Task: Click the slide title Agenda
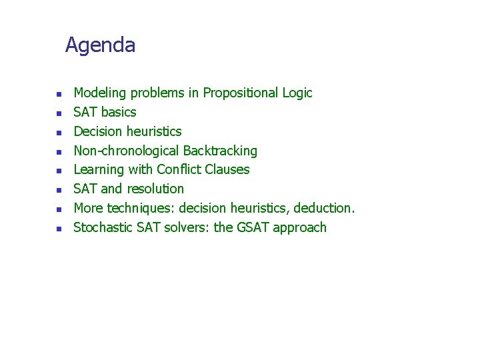(100, 45)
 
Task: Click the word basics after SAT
(119, 112)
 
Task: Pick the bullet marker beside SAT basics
(59, 113)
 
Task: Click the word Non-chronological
(126, 151)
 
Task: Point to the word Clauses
(227, 169)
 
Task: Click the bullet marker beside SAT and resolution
(59, 190)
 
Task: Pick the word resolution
(155, 189)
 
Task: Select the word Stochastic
(103, 227)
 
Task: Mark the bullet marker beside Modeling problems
(59, 94)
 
